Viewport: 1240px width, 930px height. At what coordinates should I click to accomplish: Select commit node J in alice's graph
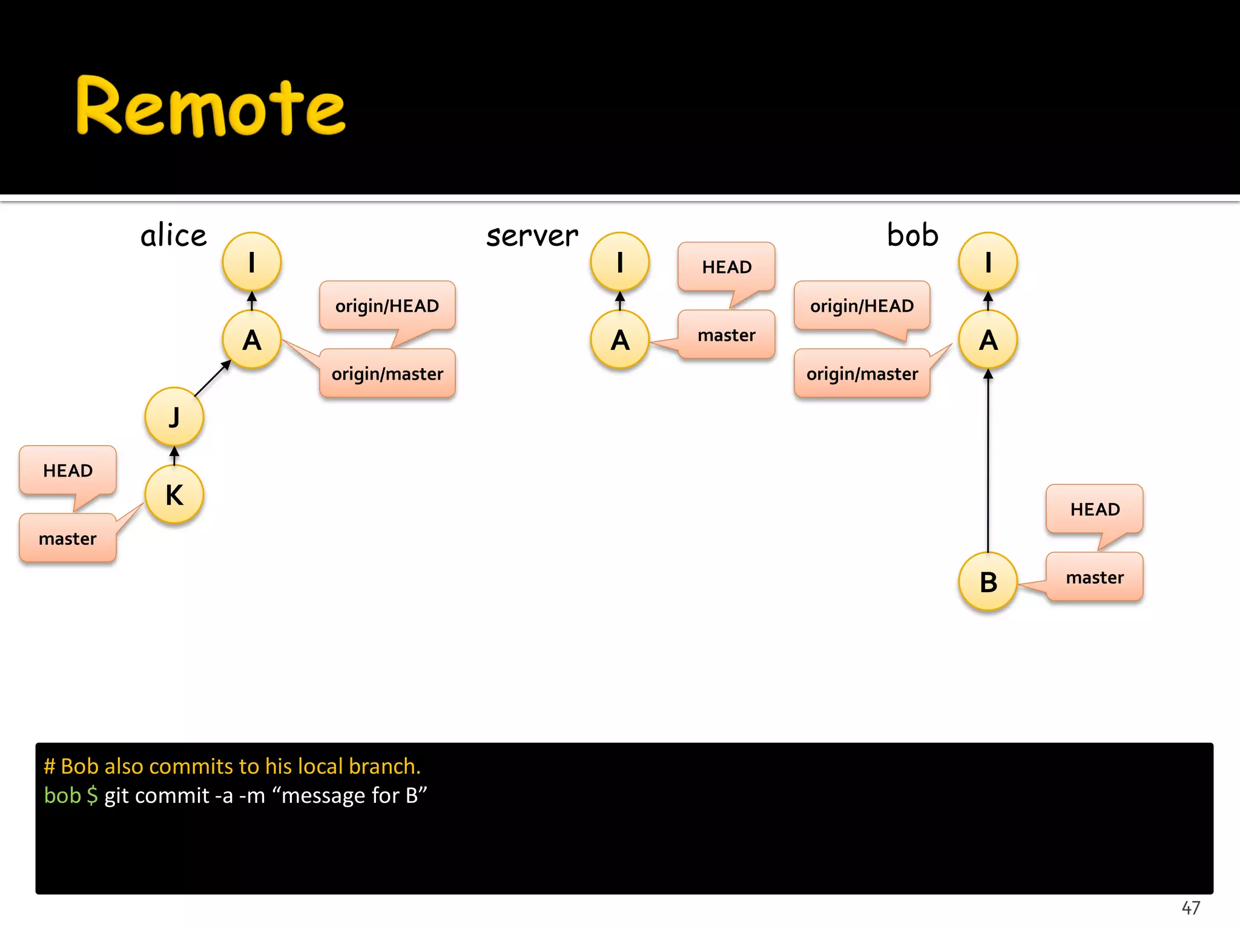coord(174,417)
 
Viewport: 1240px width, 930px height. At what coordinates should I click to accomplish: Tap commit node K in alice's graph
coord(174,495)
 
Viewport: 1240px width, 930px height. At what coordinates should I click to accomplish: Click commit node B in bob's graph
coord(988,582)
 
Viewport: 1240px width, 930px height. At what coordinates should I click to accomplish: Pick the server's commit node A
coord(620,340)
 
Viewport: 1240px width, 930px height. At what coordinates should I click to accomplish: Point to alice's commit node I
coord(252,262)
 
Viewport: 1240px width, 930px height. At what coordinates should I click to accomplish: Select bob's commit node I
coord(988,262)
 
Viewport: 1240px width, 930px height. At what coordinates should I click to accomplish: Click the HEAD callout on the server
coord(727,267)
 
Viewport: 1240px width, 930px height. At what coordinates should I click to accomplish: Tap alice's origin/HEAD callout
coord(387,306)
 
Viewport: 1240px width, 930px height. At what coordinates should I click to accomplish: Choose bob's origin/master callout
coord(862,374)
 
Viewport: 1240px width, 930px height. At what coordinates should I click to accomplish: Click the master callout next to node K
coord(68,538)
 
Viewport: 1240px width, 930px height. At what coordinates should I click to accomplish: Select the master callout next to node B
coord(1095,577)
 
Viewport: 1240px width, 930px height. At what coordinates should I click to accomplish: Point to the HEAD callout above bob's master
coord(1095,509)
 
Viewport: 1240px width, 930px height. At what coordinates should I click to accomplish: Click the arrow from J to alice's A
coord(212,379)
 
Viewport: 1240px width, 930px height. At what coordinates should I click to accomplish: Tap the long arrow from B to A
coord(988,460)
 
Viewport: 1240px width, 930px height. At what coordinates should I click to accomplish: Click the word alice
coord(174,236)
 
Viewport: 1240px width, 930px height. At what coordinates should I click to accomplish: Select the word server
coord(532,236)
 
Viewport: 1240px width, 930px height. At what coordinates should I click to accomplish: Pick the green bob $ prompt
coord(70,795)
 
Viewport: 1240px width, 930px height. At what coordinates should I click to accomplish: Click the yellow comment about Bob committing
coord(232,766)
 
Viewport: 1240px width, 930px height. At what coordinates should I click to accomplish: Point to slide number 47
coord(1190,908)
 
